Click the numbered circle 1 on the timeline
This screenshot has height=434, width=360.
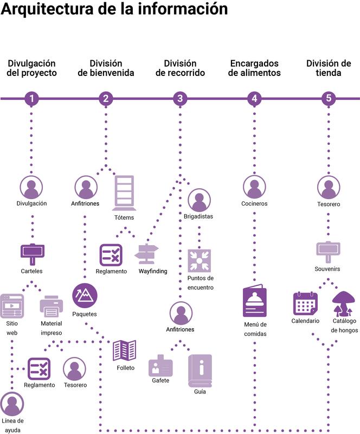32,98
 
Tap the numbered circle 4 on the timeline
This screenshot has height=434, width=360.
254,98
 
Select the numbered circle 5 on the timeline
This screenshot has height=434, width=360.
328,98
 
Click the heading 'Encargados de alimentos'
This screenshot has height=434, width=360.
254,68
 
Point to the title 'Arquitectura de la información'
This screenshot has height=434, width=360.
114,9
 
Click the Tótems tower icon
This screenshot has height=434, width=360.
124,193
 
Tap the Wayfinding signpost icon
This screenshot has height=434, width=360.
147,253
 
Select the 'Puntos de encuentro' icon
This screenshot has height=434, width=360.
199,260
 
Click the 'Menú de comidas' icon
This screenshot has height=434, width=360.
254,299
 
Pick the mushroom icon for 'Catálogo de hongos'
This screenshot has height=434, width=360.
344,303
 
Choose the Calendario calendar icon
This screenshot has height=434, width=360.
305,303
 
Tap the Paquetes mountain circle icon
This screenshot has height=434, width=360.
85,296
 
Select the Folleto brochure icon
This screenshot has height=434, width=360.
124,350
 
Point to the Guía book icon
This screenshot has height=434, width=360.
200,370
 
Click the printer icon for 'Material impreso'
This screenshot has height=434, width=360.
52,307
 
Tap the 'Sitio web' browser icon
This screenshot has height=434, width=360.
12,305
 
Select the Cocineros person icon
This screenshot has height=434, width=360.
254,187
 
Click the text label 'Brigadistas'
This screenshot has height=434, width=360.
198,216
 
